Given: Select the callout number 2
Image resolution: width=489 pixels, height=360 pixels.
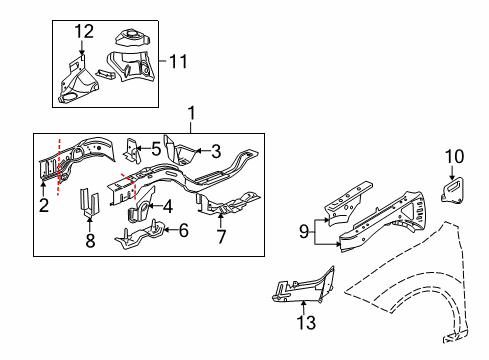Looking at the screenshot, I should [42, 205].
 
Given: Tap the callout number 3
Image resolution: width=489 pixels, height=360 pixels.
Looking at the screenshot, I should [214, 151].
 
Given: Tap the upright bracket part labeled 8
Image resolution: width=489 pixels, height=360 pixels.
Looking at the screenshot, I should [88, 203].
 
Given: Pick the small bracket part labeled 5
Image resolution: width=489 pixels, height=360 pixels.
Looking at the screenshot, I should [132, 149].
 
